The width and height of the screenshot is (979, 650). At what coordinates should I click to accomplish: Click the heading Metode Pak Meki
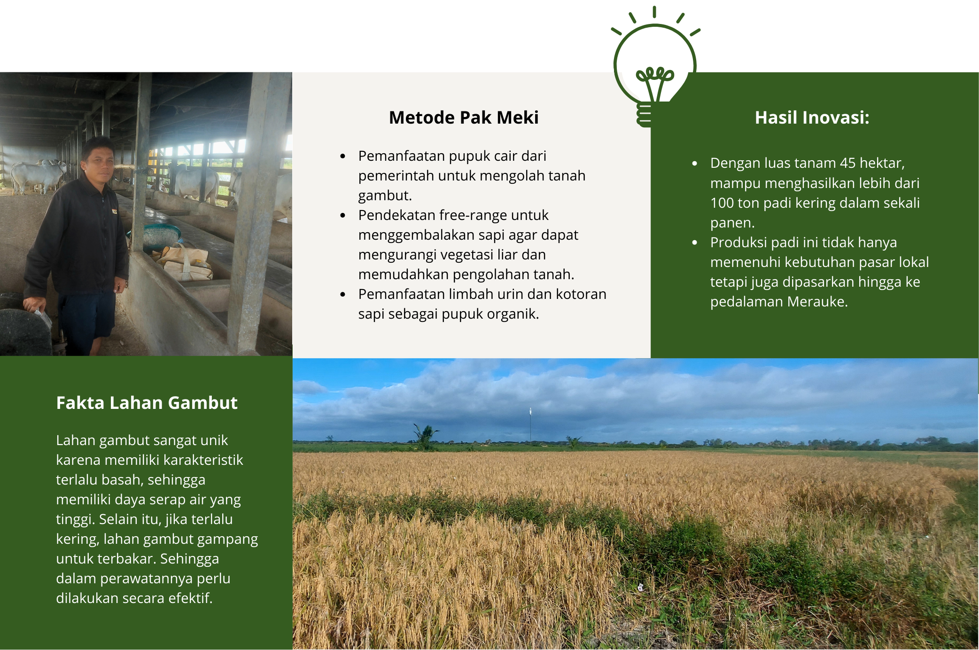click(x=464, y=117)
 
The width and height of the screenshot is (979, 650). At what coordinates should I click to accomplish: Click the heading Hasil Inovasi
click(x=812, y=117)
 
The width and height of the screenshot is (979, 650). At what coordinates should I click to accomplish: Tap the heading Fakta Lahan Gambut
click(x=147, y=403)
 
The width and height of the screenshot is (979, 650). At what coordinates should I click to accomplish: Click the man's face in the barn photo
click(x=99, y=161)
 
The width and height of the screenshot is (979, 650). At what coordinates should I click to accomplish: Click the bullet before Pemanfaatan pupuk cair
click(x=343, y=156)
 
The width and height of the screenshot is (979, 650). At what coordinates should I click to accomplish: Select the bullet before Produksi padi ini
click(x=695, y=243)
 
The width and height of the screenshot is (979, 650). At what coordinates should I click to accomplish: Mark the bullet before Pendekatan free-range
click(x=343, y=215)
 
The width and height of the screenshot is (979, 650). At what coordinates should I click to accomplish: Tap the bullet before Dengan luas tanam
click(x=695, y=163)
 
